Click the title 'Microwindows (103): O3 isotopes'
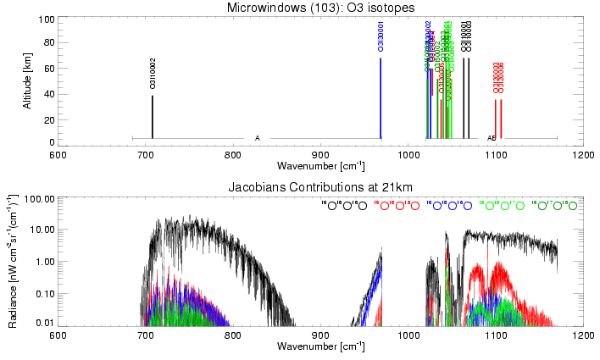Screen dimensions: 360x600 319,8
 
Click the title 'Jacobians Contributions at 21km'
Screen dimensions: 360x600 319,186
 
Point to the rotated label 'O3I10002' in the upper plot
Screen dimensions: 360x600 153,74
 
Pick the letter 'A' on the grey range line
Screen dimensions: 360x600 257,137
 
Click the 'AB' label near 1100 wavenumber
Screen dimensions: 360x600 491,137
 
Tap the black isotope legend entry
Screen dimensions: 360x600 344,206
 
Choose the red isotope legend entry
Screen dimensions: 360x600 397,206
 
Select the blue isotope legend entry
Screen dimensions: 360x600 450,206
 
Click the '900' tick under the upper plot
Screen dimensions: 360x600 319,155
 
